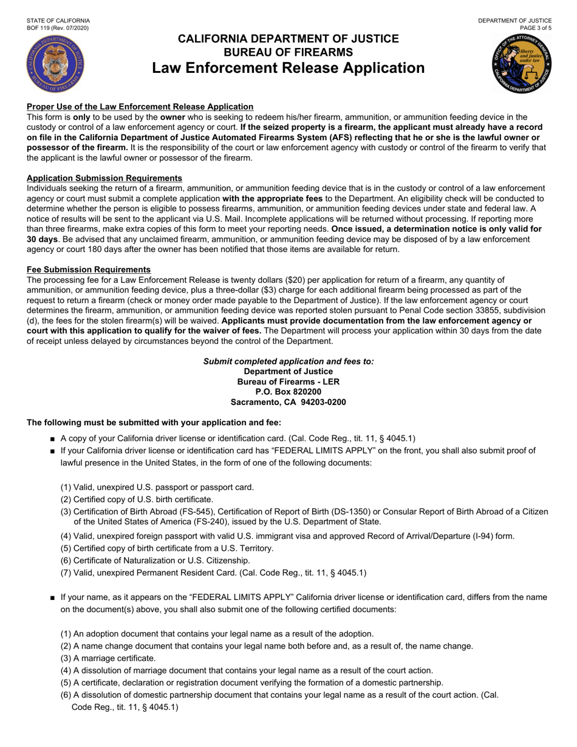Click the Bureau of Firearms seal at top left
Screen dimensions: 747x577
pos(56,63)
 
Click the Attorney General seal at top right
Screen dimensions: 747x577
pos(521,63)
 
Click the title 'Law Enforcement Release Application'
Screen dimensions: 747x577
pos(288,68)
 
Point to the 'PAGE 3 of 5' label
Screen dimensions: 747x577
pos(531,28)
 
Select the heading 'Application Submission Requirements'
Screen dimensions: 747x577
pos(104,178)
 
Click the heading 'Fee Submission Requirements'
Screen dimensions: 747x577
pos(89,270)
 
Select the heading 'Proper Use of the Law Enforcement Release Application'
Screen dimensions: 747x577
pos(140,106)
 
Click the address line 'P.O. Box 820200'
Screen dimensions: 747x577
pos(288,392)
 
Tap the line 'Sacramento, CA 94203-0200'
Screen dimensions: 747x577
pos(288,402)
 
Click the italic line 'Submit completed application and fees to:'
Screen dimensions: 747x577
pos(288,361)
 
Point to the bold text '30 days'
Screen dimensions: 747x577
pos(41,240)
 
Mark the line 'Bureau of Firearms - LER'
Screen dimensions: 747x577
pos(288,381)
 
